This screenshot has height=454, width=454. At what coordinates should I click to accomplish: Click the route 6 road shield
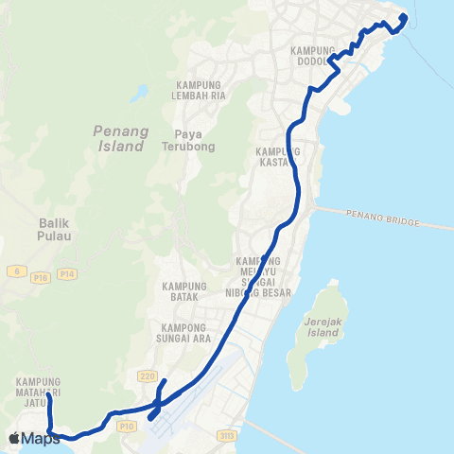(16, 271)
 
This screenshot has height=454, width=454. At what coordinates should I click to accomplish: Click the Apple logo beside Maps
(14, 438)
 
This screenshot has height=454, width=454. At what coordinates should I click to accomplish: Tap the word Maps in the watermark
(42, 438)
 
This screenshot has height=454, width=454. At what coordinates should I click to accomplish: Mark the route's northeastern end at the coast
(404, 17)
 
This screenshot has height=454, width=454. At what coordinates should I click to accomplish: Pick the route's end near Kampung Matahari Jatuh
(49, 397)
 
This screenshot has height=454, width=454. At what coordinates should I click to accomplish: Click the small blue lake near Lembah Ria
(140, 93)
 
